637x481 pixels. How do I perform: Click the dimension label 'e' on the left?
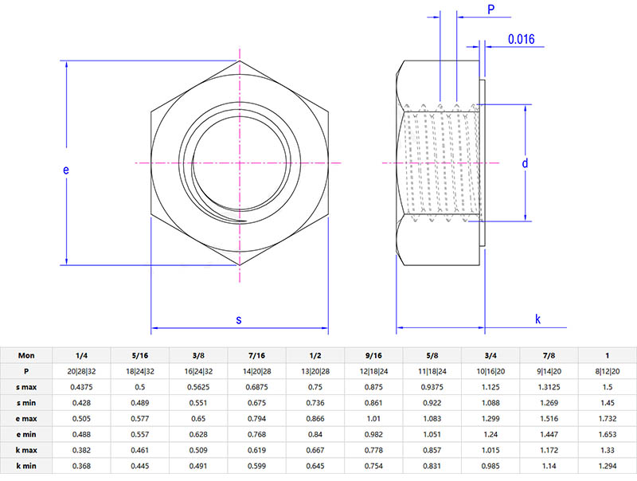[66, 170]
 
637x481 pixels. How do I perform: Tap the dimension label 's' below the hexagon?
[239, 320]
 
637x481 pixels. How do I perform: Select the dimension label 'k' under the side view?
[538, 320]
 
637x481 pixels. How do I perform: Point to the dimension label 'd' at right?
[525, 163]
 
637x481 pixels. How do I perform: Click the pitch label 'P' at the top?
[490, 10]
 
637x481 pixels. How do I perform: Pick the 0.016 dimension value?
[522, 38]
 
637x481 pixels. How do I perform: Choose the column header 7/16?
[256, 355]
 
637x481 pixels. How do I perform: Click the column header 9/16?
[373, 355]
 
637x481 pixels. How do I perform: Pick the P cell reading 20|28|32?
[81, 371]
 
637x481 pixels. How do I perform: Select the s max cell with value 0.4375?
[81, 387]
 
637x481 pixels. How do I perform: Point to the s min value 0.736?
[315, 403]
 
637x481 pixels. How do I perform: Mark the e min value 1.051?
[432, 434]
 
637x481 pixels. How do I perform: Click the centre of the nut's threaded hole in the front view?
[239, 162]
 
